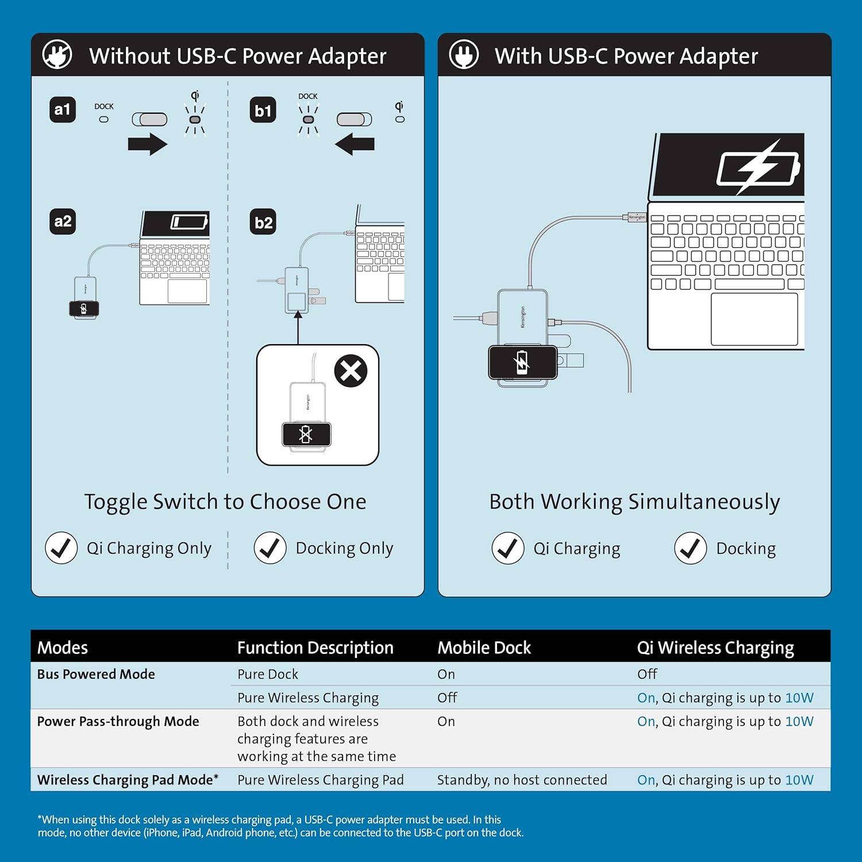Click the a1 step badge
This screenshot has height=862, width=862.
click(x=62, y=110)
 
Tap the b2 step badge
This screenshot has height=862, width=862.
click(x=263, y=222)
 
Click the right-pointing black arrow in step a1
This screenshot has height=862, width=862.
click(x=148, y=144)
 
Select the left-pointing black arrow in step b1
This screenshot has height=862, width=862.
click(x=355, y=144)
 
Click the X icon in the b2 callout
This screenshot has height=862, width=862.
click(x=351, y=371)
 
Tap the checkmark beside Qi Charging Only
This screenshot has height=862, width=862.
click(x=61, y=548)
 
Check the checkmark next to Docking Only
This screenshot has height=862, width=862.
click(x=270, y=548)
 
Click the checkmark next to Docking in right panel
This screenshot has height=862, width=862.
click(x=690, y=548)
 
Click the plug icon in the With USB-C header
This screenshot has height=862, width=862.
click(x=464, y=55)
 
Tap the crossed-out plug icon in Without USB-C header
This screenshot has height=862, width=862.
click(x=57, y=55)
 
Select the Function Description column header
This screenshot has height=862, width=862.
click(x=315, y=648)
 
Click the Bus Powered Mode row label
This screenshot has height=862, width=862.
click(x=96, y=674)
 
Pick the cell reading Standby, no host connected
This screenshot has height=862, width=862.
click(x=522, y=780)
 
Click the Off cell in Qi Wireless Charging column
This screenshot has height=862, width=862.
click(x=647, y=674)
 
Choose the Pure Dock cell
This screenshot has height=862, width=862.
click(x=268, y=674)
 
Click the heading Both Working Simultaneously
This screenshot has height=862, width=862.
click(x=634, y=502)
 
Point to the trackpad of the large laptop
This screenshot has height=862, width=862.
click(x=754, y=320)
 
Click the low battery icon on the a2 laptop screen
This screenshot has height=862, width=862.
click(x=189, y=222)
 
